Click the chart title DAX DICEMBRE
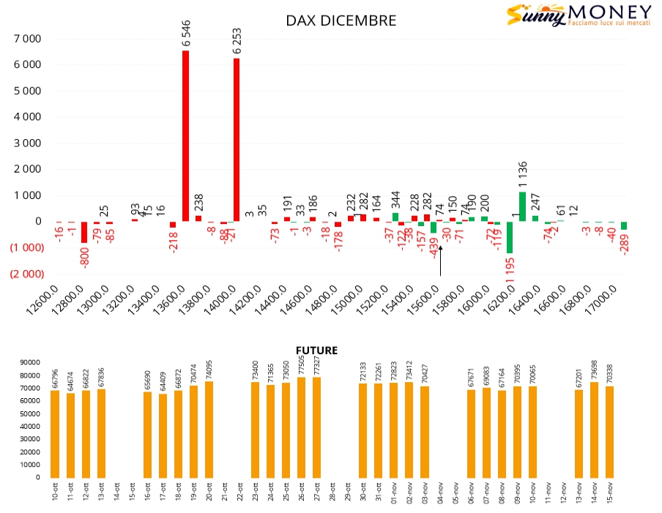341,20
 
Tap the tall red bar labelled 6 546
185,135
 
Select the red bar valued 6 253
237,139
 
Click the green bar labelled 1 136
522,206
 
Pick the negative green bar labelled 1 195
509,237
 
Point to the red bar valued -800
84,232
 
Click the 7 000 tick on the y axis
27,39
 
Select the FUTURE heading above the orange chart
316,351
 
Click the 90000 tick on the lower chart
30,362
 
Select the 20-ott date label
209,492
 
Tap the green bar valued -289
624,225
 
